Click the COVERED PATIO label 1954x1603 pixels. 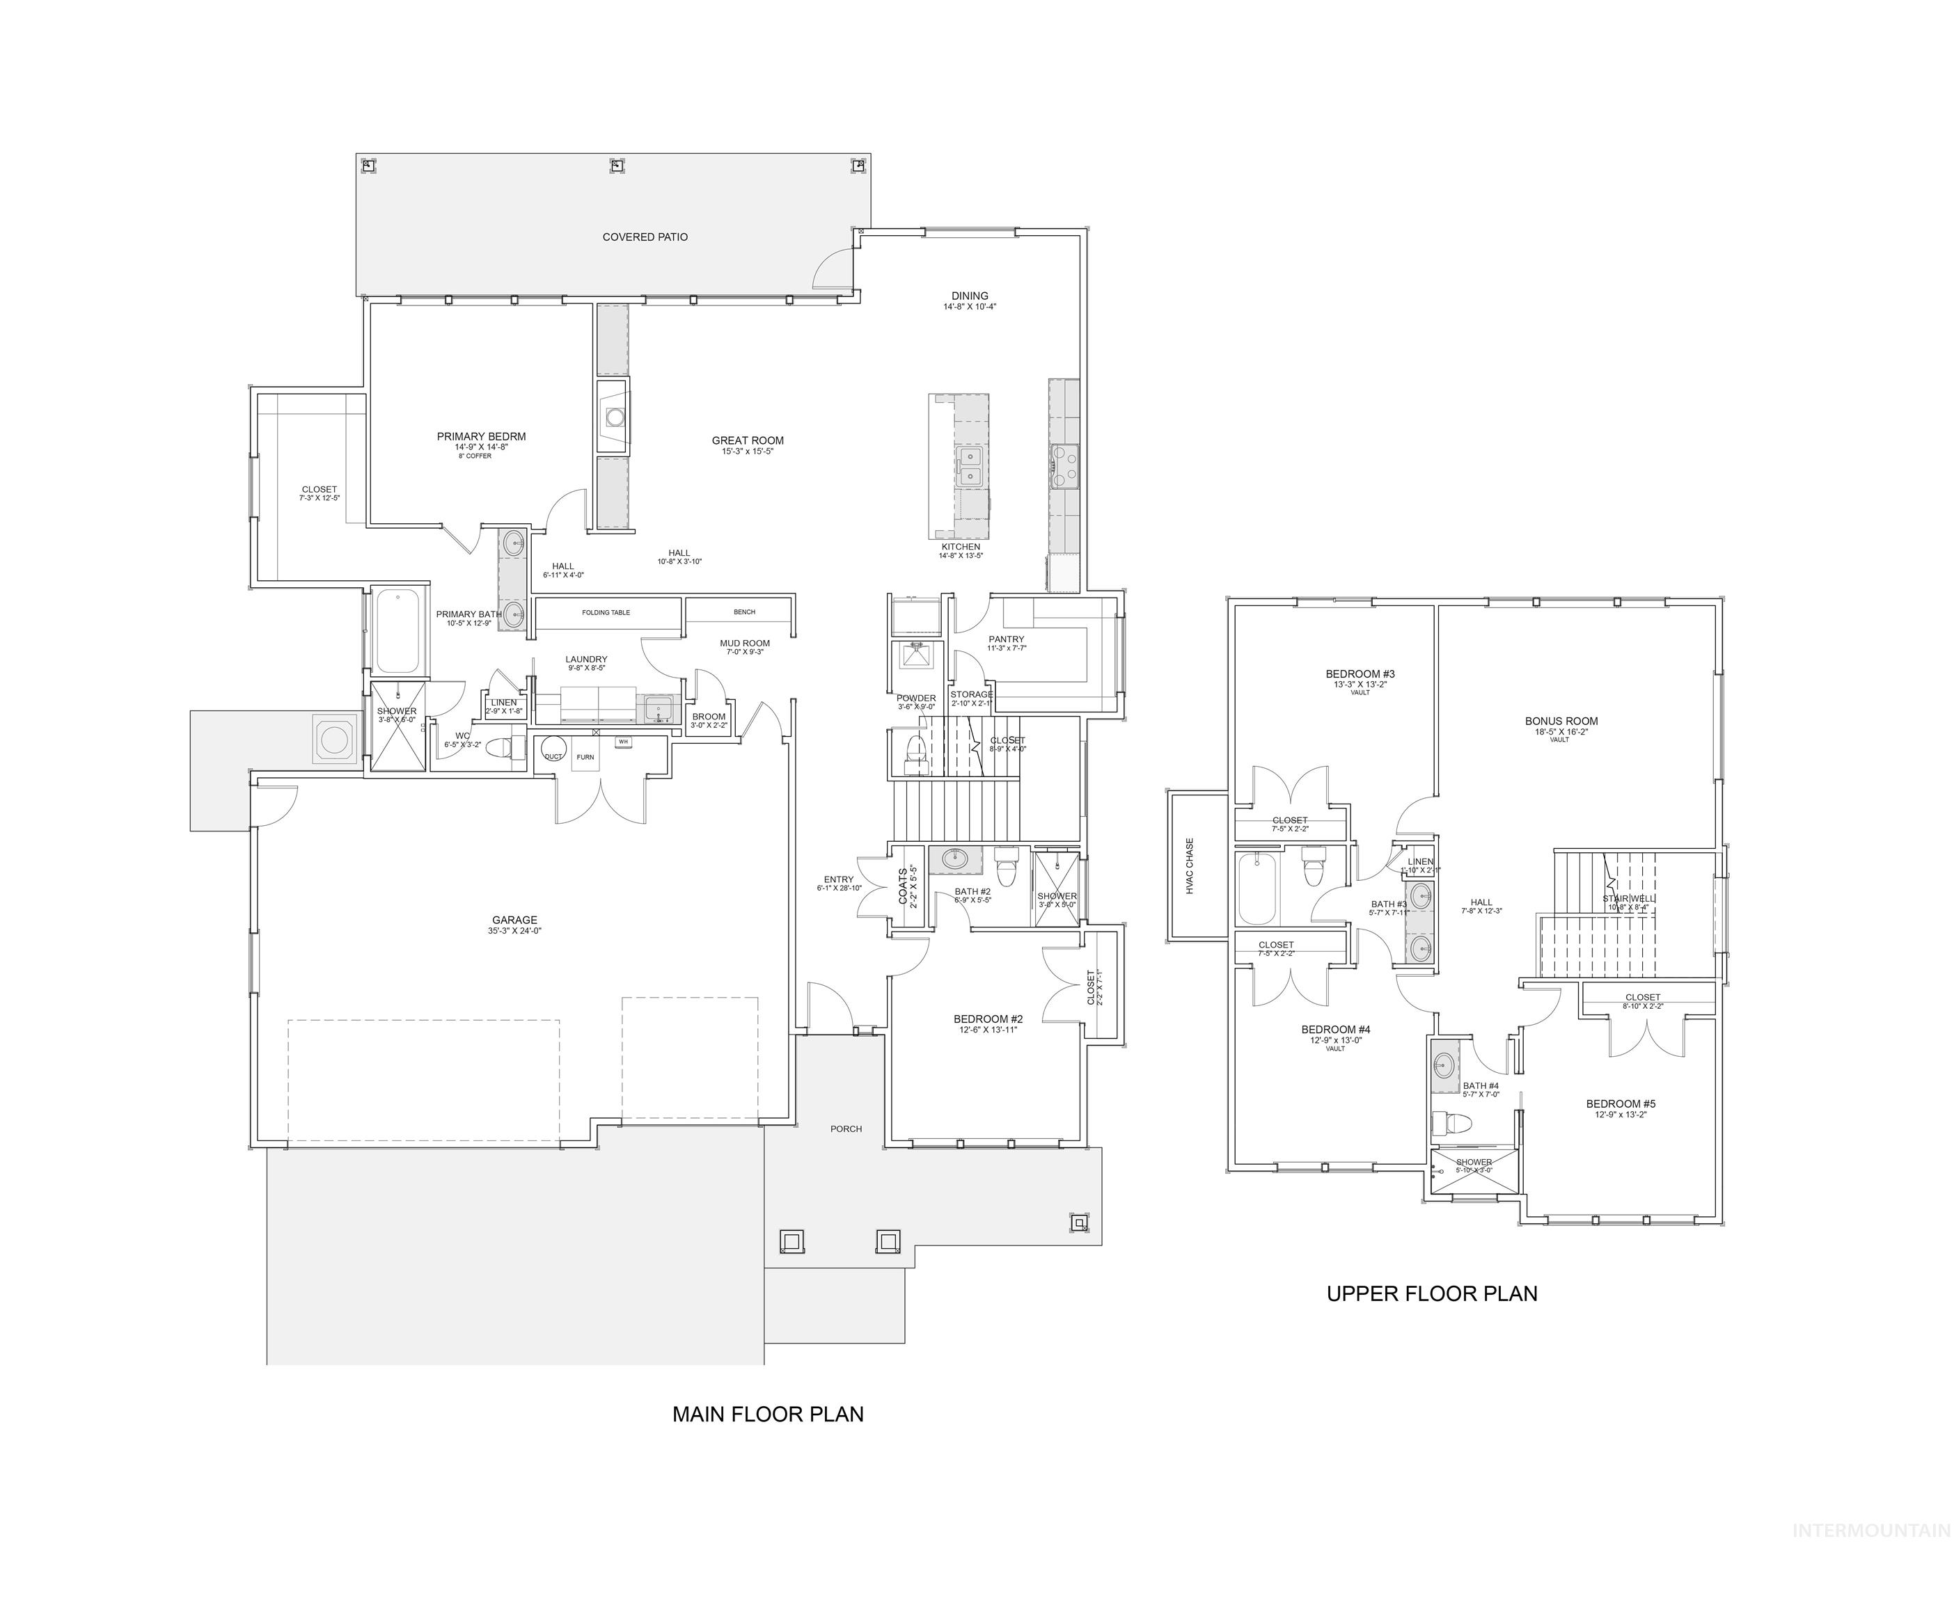pos(645,237)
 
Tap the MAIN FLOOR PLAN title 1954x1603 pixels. pos(768,1414)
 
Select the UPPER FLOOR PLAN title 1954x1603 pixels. pos(1431,1293)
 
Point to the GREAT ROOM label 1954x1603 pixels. pos(748,441)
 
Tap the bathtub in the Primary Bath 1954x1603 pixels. pos(398,632)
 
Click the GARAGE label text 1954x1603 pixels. pos(514,920)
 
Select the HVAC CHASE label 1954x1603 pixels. pos(1190,866)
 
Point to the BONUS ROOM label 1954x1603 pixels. pos(1561,722)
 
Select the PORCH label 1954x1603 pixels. pos(845,1129)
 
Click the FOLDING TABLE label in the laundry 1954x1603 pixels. pos(606,613)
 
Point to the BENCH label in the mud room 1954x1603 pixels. pos(743,612)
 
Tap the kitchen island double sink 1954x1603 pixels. pos(969,466)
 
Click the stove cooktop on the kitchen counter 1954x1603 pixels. pos(1064,465)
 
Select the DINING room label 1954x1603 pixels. pos(969,296)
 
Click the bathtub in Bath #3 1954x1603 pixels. pos(1256,888)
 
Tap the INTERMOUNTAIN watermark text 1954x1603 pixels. pos(1871,1531)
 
